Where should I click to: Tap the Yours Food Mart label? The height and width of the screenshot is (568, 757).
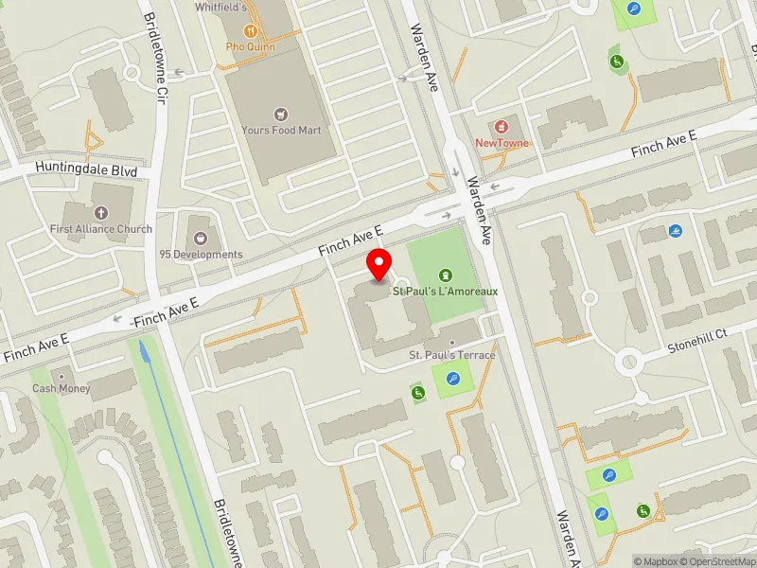[x=282, y=130]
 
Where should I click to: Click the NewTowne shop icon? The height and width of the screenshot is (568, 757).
[x=502, y=127]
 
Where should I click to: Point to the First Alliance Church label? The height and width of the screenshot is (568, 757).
[x=101, y=229]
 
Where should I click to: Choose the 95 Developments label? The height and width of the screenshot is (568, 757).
[x=201, y=255]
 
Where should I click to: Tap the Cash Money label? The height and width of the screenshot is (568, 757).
[x=61, y=388]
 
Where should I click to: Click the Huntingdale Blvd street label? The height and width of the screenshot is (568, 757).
[x=86, y=171]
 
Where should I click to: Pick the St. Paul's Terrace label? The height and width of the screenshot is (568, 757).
[x=451, y=354]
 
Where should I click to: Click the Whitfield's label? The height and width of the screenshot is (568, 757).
[x=220, y=8]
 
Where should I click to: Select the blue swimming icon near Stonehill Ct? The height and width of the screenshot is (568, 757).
[x=676, y=231]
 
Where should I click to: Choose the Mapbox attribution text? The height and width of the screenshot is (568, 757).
[x=655, y=561]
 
